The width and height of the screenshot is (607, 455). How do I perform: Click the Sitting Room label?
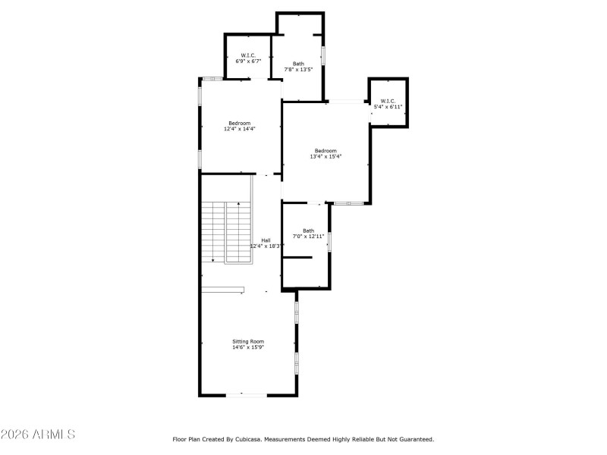coord(248,342)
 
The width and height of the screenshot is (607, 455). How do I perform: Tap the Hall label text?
coord(266,240)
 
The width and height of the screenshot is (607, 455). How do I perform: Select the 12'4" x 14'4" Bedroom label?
coord(240,123)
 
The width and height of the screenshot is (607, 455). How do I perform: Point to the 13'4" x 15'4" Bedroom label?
coord(326,151)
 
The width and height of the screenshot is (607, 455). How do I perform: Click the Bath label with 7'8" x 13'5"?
coord(298,64)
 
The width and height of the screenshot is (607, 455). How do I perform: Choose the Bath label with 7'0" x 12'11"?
coord(308,231)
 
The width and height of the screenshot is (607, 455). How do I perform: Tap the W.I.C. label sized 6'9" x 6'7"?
coord(248,55)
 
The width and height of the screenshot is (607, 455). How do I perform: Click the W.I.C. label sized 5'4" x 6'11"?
coord(388,101)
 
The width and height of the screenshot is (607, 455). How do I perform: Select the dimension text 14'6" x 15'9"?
coord(248,348)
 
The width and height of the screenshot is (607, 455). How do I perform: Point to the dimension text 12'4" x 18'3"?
coord(266,246)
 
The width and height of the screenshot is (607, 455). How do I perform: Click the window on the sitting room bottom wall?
coord(246,394)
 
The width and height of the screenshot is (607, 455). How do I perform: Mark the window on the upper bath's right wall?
coord(324,56)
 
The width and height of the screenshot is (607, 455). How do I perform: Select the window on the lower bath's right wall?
coord(329,241)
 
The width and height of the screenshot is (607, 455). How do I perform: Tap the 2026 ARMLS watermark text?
coord(38,435)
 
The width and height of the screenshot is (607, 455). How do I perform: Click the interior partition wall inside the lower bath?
coord(297,258)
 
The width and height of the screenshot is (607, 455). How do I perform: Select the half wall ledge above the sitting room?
coord(223,289)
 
